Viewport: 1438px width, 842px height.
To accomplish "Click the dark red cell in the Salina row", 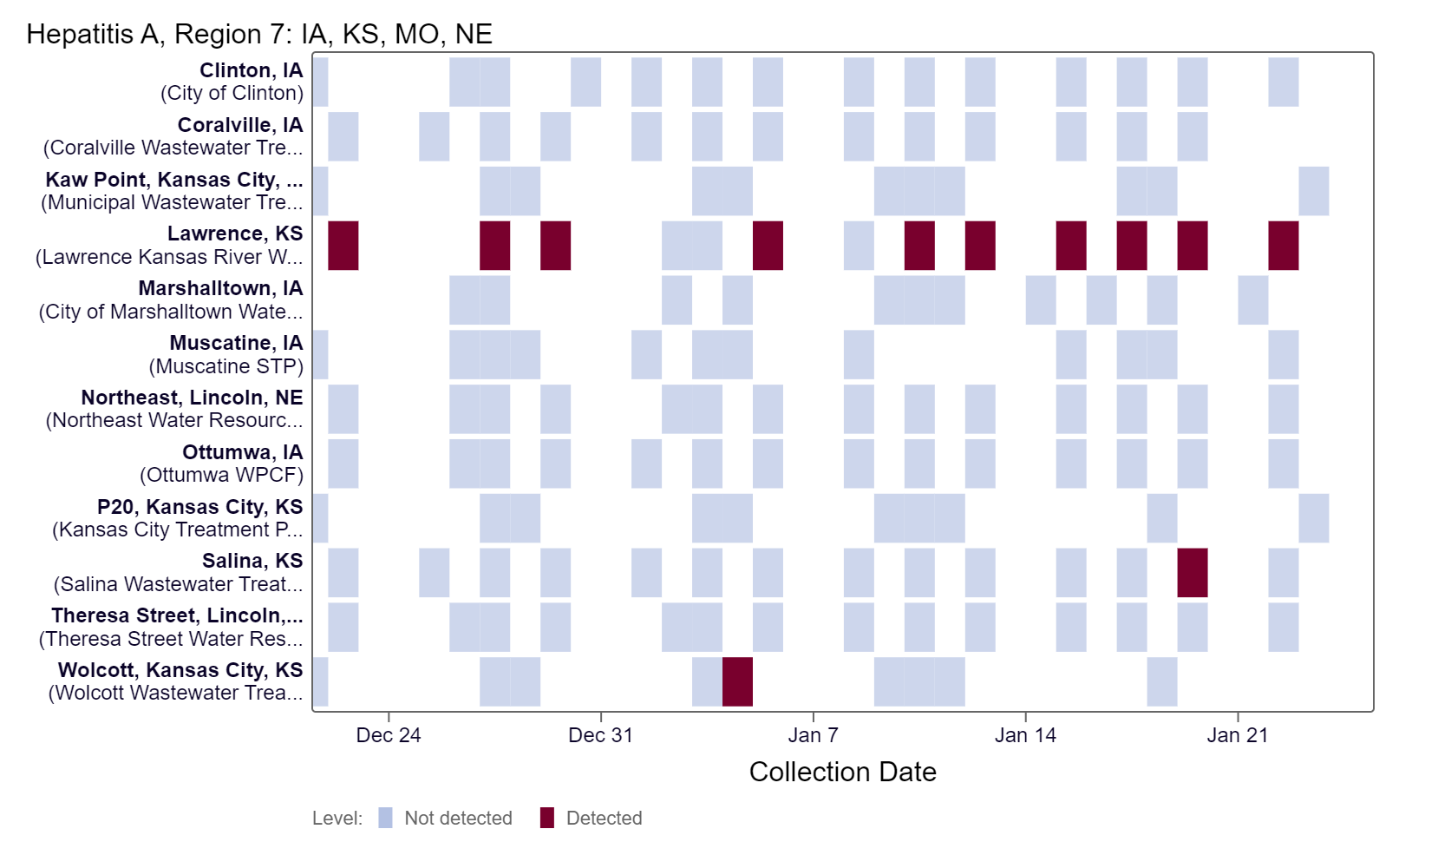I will coord(1192,573).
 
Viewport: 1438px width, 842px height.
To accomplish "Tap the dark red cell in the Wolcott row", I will coord(737,681).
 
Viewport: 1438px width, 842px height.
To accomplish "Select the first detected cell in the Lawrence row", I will coord(343,246).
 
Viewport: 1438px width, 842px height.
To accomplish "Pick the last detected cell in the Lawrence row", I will coord(1283,246).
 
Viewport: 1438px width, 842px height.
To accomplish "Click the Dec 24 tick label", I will coord(389,735).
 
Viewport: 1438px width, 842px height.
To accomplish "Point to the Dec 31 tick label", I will coord(600,735).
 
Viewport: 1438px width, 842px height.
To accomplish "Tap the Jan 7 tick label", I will coord(813,735).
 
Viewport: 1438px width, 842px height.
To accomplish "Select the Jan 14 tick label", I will coord(1025,735).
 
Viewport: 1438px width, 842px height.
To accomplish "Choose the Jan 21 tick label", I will coord(1238,735).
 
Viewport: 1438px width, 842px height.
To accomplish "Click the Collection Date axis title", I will coord(842,772).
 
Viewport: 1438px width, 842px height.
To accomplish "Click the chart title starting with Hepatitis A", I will coord(259,34).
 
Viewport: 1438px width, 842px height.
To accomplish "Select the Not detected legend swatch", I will coord(386,818).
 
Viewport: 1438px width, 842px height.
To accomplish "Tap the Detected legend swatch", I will coord(547,818).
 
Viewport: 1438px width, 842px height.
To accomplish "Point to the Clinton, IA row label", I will coord(251,70).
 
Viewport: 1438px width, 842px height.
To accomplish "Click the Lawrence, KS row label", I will coord(235,234).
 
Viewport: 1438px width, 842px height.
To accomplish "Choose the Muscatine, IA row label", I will coord(236,343).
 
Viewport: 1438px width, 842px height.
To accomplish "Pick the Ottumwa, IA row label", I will coord(242,452).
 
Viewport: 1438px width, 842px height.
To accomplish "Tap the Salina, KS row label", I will coord(252,561).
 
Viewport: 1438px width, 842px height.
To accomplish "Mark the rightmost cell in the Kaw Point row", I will coord(1313,191).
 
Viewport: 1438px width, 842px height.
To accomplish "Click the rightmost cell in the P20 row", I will coord(1313,518).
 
